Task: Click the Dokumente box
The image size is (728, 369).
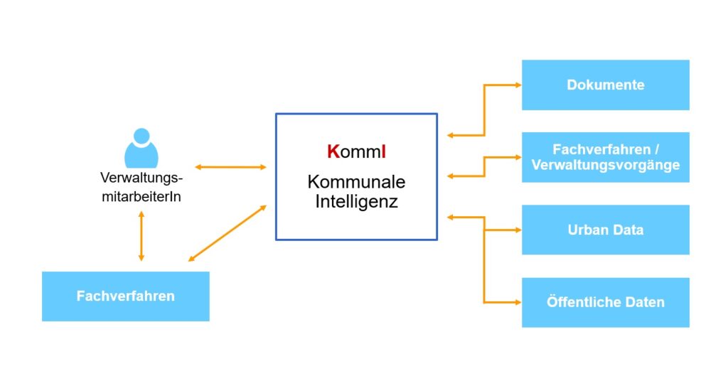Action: [x=605, y=85]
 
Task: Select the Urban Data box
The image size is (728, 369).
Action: [x=605, y=230]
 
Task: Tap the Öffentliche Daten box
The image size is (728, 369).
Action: [x=605, y=302]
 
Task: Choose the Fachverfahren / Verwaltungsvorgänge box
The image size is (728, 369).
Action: [x=605, y=157]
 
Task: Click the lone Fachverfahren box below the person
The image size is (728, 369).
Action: [x=125, y=296]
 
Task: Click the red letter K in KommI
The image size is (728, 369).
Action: [x=332, y=151]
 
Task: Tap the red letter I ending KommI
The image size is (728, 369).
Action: [x=383, y=151]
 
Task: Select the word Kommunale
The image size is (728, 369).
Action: [x=356, y=182]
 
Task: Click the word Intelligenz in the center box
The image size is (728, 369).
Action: [x=356, y=201]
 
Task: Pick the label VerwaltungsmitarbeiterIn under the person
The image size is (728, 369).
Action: [x=141, y=187]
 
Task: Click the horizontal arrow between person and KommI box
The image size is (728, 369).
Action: [x=230, y=167]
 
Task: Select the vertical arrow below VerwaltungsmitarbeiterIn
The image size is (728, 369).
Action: [x=141, y=235]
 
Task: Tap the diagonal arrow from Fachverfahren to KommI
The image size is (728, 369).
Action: [x=227, y=233]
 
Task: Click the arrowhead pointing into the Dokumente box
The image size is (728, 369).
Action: [x=517, y=85]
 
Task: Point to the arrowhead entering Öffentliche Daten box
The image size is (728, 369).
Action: [x=517, y=302]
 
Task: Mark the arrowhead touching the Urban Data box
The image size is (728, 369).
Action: [x=517, y=230]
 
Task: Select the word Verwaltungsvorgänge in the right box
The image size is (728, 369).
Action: [x=605, y=165]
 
